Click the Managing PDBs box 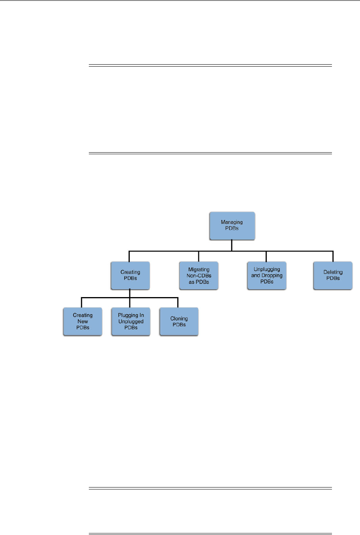(x=232, y=226)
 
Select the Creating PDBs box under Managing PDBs (x=130, y=276)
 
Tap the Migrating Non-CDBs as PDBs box (x=199, y=276)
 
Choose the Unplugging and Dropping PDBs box (x=267, y=276)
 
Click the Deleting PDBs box (x=333, y=276)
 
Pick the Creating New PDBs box (x=83, y=322)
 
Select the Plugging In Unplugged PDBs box (x=131, y=322)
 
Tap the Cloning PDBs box (x=179, y=322)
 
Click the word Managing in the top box (x=232, y=222)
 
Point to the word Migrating (x=199, y=269)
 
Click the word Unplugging (x=267, y=269)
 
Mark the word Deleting (x=333, y=272)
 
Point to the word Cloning (x=179, y=319)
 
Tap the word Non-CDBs (x=199, y=276)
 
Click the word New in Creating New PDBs (x=83, y=322)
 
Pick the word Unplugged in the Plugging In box (x=131, y=322)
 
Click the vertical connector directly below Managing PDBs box (x=232, y=245)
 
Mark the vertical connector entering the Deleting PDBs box (x=333, y=257)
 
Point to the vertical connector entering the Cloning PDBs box (x=178, y=303)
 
